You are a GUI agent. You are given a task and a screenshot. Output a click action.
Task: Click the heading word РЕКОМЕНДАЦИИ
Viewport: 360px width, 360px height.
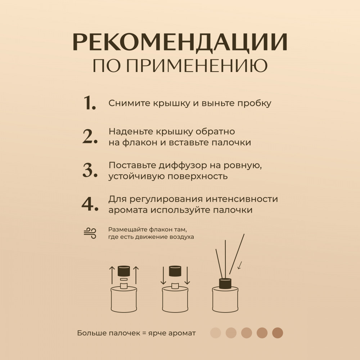point(180,42)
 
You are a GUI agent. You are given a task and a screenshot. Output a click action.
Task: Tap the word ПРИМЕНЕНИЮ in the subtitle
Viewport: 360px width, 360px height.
point(197,66)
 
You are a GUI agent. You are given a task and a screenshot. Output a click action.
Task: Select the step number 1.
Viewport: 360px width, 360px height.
point(90,103)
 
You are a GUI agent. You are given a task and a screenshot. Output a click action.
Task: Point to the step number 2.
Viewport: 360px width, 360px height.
point(90,136)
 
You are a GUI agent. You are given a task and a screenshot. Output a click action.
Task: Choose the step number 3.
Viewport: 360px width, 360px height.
point(90,170)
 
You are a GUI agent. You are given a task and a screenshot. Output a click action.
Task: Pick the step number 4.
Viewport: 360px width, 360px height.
point(90,204)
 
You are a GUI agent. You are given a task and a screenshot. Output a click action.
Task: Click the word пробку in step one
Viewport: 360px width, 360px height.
point(254,104)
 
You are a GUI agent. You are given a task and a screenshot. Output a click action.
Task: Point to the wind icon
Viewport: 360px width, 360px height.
point(90,233)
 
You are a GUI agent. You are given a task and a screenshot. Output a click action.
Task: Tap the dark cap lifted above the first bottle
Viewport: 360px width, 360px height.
point(124,271)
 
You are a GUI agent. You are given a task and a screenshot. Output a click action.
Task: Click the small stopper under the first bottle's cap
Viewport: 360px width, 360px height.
point(124,279)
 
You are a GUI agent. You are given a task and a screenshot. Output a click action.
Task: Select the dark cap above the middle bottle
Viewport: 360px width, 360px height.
point(175,271)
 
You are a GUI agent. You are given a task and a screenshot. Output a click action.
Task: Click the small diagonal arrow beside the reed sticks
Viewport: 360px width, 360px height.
point(240,265)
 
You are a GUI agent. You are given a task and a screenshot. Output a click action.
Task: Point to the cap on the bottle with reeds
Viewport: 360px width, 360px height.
point(225,284)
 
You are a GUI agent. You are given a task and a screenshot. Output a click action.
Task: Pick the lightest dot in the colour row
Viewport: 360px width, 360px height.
point(215,333)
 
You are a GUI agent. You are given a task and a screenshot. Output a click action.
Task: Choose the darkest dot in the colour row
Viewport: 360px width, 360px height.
point(278,333)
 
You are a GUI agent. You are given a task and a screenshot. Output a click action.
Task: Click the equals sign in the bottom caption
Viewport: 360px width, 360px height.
point(144,333)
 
